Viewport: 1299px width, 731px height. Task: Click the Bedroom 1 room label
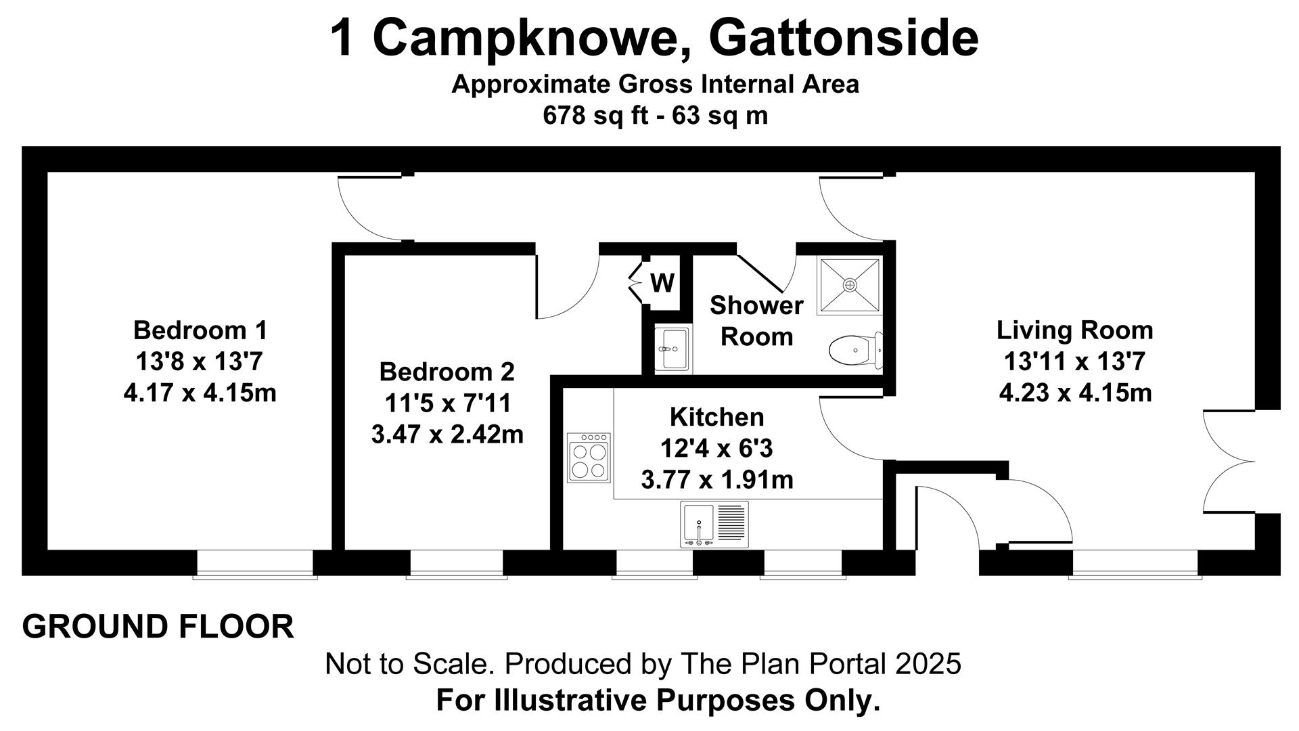click(x=200, y=330)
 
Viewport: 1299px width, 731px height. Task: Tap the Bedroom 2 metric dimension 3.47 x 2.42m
click(x=447, y=435)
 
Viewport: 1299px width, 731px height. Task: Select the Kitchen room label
click(x=717, y=417)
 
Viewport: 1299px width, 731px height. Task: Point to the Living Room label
click(x=1075, y=331)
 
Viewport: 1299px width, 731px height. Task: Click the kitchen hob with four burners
click(x=589, y=457)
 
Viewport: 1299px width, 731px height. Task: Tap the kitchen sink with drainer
click(x=714, y=525)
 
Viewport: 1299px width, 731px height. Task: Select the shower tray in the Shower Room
click(x=850, y=285)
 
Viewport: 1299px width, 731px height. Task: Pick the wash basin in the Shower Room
click(x=673, y=349)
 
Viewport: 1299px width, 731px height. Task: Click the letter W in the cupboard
click(x=662, y=283)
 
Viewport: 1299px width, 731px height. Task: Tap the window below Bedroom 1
click(x=255, y=564)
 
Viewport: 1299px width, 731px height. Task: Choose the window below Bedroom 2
click(x=456, y=564)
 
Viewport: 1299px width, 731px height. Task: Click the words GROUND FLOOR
click(x=158, y=627)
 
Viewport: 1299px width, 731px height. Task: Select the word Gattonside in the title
click(x=843, y=38)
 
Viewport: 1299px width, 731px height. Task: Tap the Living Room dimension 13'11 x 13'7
click(x=1075, y=362)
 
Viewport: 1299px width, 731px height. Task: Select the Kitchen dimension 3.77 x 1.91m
click(x=717, y=480)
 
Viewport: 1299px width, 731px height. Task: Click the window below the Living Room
click(x=1135, y=564)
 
